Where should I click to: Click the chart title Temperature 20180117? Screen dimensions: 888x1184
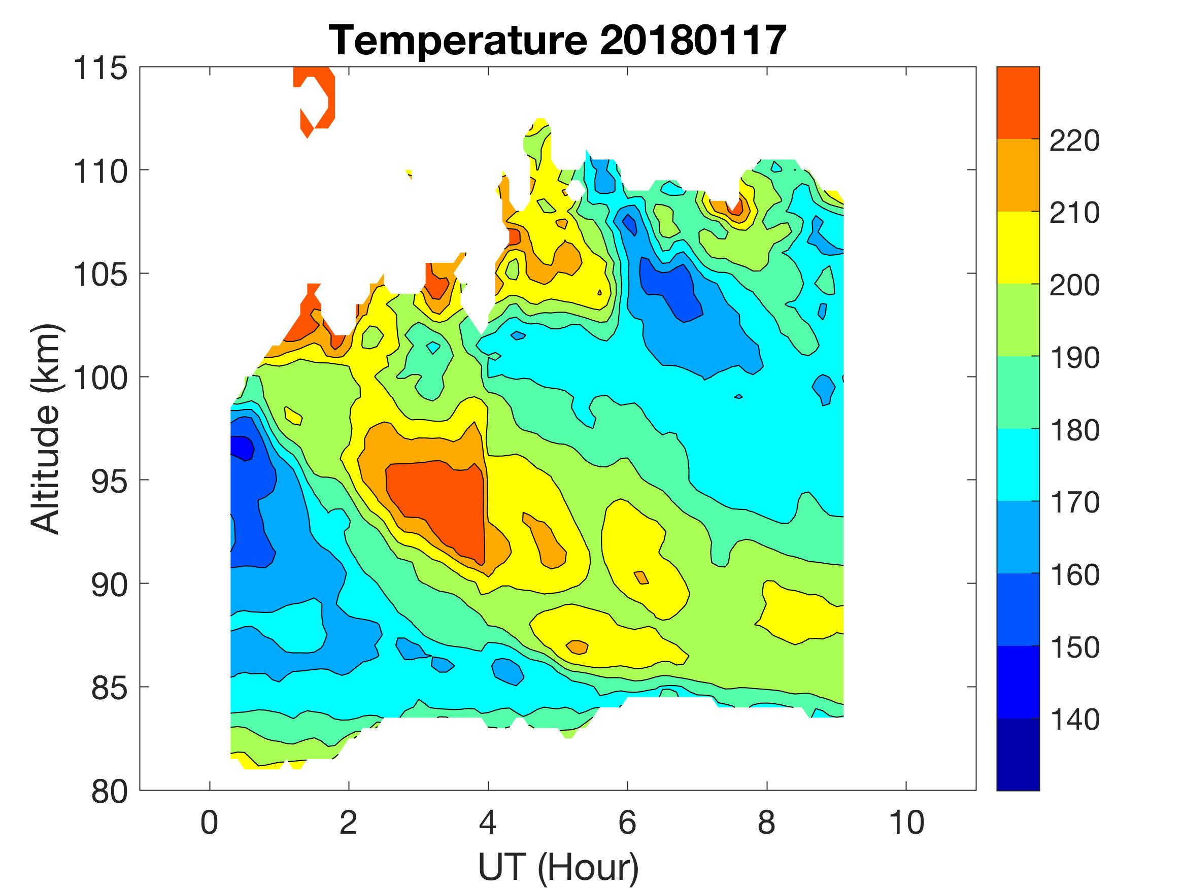tap(557, 41)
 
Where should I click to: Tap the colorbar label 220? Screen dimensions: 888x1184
tap(1074, 141)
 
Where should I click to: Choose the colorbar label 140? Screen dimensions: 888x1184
tap(1074, 720)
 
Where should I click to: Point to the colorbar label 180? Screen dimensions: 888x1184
tap(1074, 430)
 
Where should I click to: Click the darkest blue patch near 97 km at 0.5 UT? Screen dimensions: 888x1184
tap(242, 447)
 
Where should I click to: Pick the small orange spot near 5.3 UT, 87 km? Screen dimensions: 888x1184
tap(578, 646)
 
